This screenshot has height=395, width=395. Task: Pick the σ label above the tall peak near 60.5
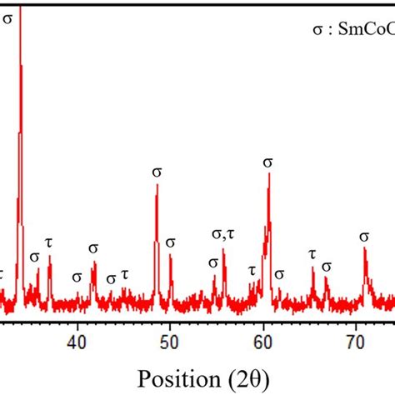267,162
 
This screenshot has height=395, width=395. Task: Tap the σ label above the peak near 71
364,237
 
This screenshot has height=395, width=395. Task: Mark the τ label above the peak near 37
49,242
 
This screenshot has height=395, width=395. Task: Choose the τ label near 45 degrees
125,273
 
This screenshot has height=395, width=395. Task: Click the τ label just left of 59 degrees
252,270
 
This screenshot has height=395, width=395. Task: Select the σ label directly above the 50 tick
171,242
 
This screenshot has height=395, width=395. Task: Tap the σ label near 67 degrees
327,267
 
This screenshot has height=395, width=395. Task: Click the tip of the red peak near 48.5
157,185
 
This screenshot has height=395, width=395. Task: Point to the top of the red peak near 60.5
268,174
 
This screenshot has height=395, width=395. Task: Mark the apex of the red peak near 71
364,249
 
